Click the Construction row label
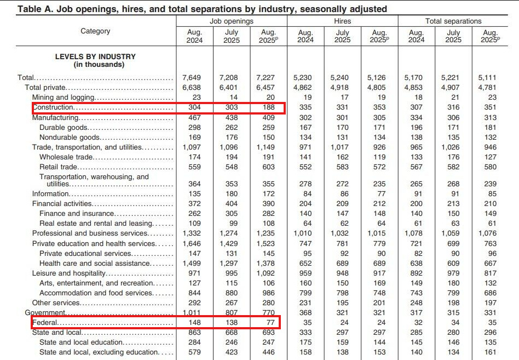(x=53, y=108)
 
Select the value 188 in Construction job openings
(x=268, y=108)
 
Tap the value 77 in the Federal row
(x=268, y=323)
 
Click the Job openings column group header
(x=231, y=21)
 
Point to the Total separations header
(x=453, y=21)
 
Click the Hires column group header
(x=342, y=21)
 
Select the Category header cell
(x=95, y=31)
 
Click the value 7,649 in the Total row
(x=194, y=78)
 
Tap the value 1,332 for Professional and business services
(x=194, y=233)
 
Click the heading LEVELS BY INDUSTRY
(x=95, y=56)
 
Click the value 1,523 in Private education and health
(x=268, y=243)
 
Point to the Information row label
(x=50, y=193)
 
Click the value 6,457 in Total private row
(x=268, y=88)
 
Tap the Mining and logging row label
(x=64, y=98)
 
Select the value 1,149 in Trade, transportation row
(x=268, y=147)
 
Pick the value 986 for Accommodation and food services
(x=268, y=293)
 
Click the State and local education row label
(x=81, y=342)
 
